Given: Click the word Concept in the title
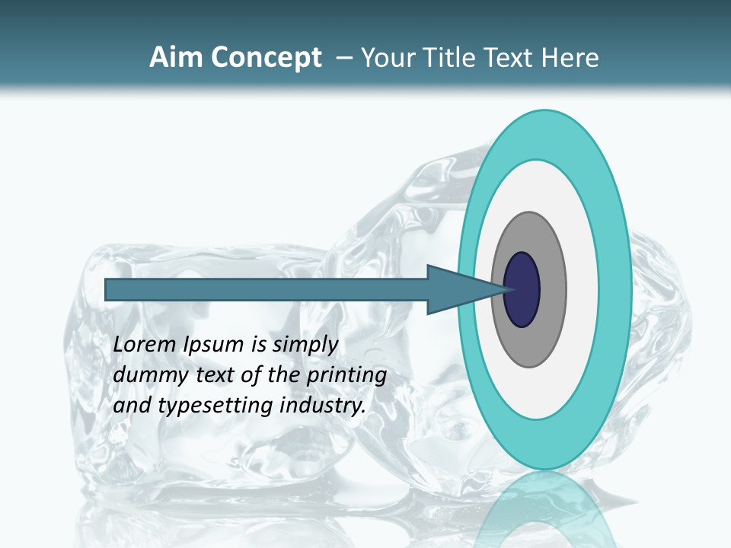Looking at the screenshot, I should point(267,58).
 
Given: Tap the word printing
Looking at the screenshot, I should point(346,376).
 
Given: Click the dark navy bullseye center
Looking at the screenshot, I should point(522,289).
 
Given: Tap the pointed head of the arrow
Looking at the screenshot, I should point(464,289).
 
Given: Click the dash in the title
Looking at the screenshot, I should point(344,58).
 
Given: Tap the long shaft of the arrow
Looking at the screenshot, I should point(267,289).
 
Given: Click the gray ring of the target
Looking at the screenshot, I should point(552,289).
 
